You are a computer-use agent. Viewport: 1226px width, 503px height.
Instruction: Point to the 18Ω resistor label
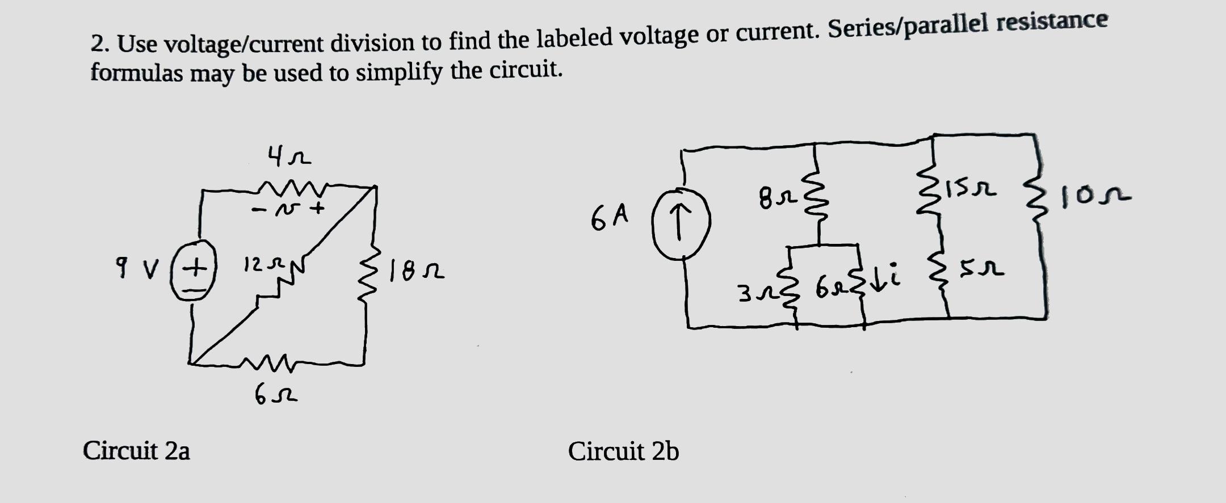tap(417, 273)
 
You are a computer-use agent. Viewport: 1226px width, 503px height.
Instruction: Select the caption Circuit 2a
tap(136, 451)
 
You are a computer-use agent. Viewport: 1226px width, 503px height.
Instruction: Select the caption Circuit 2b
tap(623, 452)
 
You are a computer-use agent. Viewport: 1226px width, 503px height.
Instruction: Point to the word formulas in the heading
tap(137, 73)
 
